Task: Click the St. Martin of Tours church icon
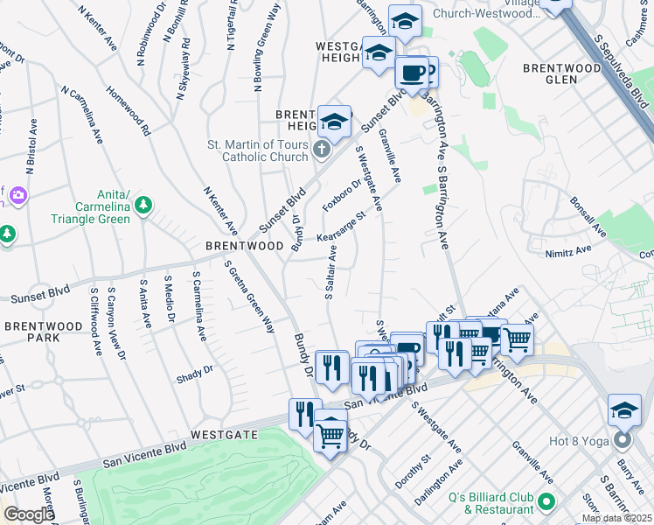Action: click(321, 150)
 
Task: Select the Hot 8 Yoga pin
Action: click(622, 438)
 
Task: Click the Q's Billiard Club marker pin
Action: click(546, 502)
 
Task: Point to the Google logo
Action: click(29, 514)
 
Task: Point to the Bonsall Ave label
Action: click(588, 216)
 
